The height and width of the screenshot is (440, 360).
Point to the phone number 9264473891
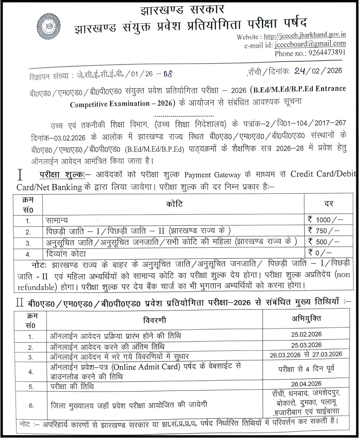point(327,53)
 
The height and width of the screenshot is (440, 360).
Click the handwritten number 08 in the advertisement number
point(168,74)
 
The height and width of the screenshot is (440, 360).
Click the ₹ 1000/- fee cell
point(325,220)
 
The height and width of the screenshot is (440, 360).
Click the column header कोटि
point(175,204)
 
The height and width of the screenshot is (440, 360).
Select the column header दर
point(329,204)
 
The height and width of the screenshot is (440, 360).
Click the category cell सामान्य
point(57,221)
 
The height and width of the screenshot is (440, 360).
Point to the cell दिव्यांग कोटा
point(66,254)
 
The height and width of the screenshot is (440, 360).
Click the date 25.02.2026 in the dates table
point(306,335)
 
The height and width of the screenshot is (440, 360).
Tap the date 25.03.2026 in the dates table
point(306,345)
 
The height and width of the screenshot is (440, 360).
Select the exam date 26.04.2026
point(306,384)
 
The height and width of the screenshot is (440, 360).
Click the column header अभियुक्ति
point(306,319)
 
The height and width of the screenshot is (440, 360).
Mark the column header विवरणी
point(154,320)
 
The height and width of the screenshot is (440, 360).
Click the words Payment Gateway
point(212,175)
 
